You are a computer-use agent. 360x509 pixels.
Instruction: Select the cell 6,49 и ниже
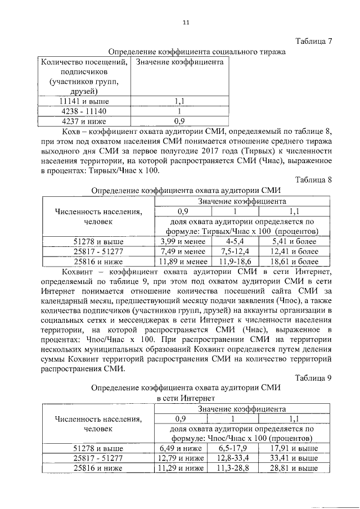(182, 448)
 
